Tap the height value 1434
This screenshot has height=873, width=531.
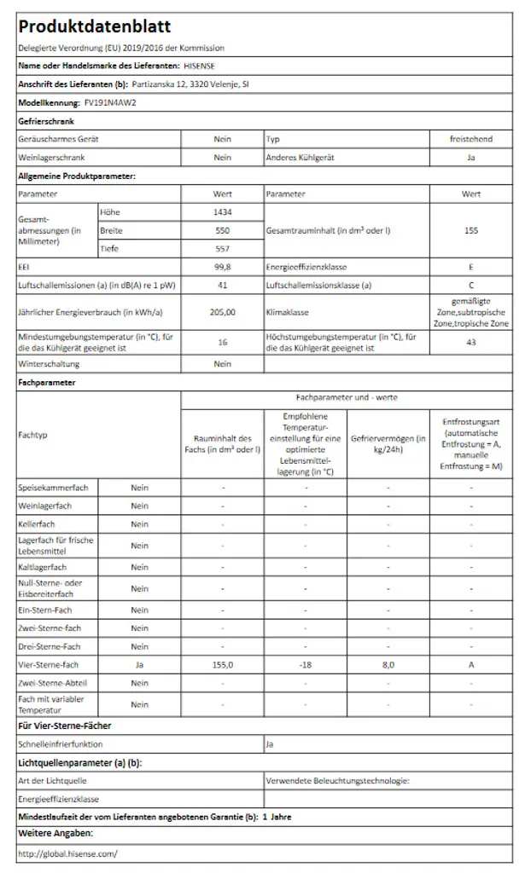click(x=222, y=211)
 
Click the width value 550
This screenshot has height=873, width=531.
click(x=222, y=230)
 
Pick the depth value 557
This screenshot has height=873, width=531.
click(x=222, y=249)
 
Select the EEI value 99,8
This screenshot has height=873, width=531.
click(x=222, y=267)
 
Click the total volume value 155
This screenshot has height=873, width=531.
click(x=471, y=230)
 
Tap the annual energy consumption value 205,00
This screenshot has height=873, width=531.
click(x=222, y=312)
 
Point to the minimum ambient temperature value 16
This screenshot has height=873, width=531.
click(x=222, y=342)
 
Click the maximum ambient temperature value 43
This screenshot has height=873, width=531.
click(x=471, y=342)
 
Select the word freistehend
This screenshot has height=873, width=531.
click(x=471, y=139)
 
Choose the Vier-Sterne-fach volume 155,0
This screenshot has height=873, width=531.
click(x=222, y=664)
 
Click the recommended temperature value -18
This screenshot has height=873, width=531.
click(x=305, y=664)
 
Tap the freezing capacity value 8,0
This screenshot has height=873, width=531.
click(x=388, y=664)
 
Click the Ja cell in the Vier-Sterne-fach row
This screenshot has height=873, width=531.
click(x=139, y=664)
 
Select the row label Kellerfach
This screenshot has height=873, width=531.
click(x=37, y=524)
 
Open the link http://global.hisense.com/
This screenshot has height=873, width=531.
click(x=67, y=853)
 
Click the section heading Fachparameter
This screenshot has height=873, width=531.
click(x=46, y=383)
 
